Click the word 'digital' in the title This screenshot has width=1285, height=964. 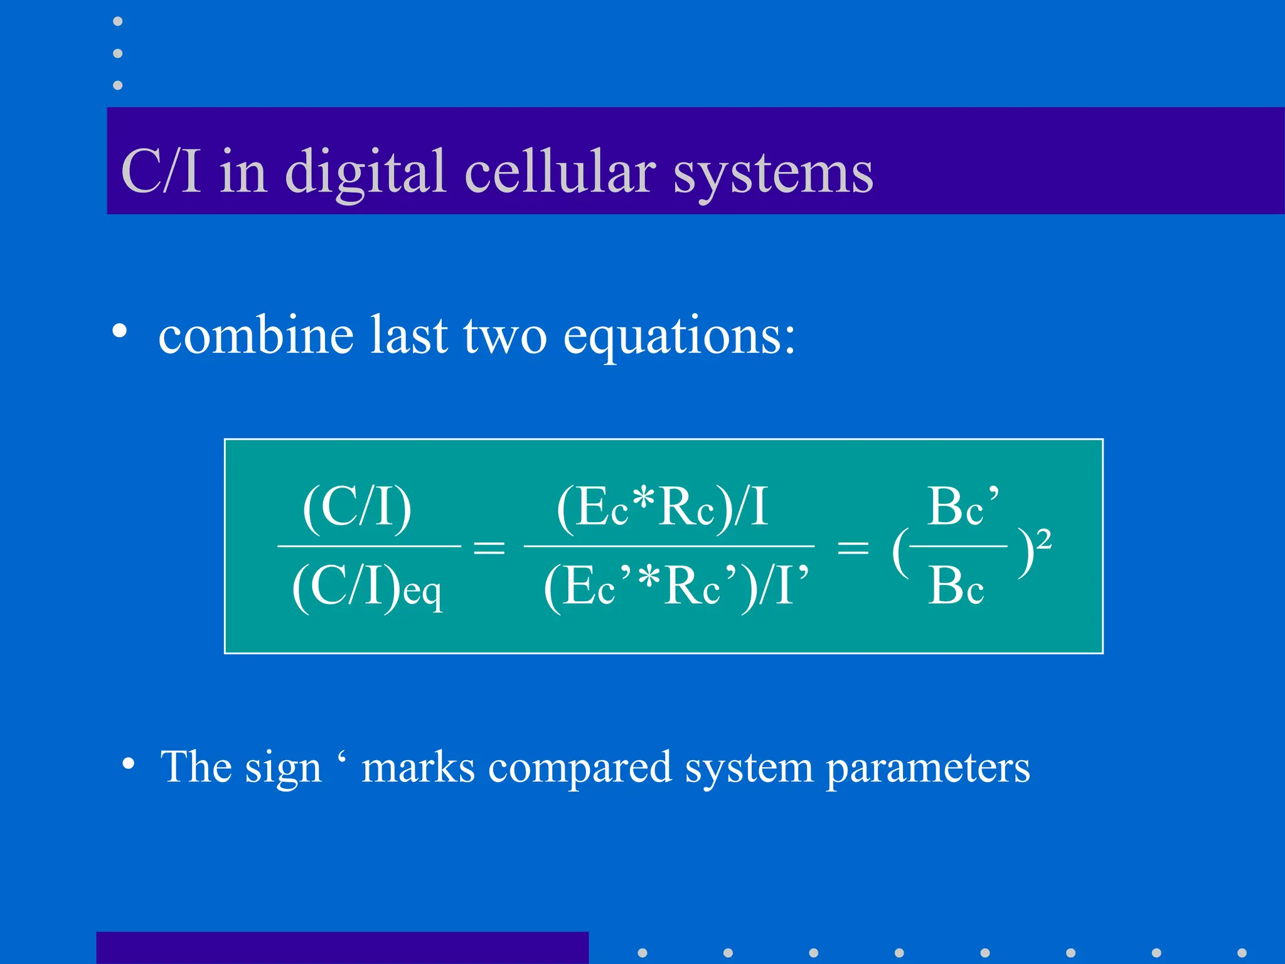(x=366, y=173)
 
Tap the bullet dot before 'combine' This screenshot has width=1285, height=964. (x=120, y=331)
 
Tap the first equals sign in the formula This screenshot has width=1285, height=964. (x=489, y=547)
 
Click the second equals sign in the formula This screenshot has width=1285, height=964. (x=853, y=547)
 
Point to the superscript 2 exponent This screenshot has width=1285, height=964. (x=1043, y=539)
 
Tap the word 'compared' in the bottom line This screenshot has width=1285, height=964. (x=580, y=767)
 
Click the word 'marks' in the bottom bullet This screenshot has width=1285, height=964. (x=419, y=767)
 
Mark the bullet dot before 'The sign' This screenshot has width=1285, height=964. (x=129, y=764)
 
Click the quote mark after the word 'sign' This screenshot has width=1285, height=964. (x=341, y=757)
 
